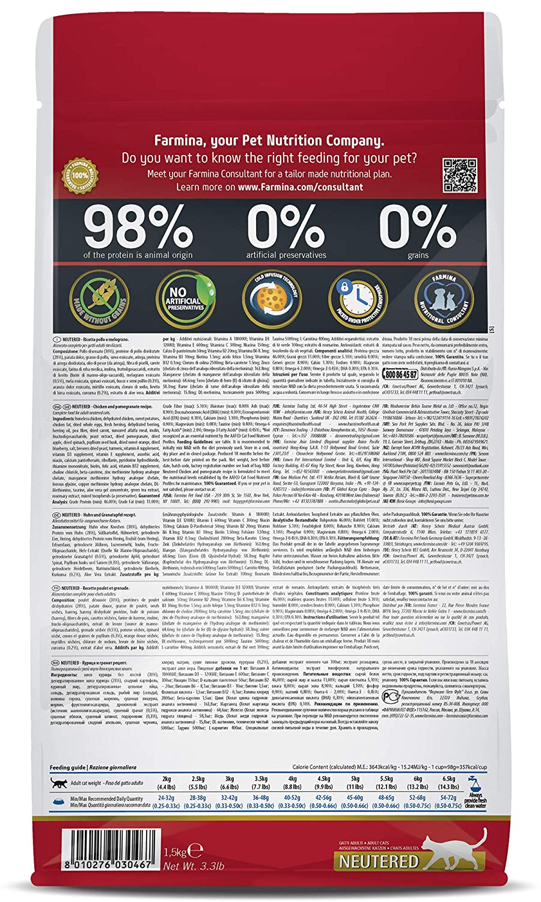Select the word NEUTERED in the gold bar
point(379,861)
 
